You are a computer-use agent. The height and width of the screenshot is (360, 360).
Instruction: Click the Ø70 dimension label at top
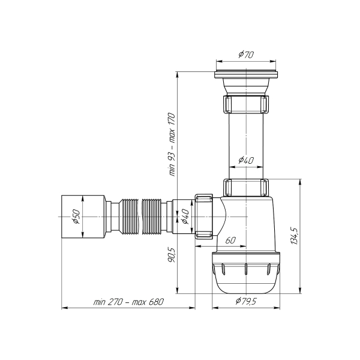pyautogui.click(x=245, y=55)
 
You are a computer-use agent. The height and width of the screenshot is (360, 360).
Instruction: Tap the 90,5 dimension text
pyautogui.click(x=172, y=255)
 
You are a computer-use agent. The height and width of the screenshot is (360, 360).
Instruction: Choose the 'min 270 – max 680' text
pyautogui.click(x=128, y=301)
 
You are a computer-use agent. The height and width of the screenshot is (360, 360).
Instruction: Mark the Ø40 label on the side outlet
pyautogui.click(x=185, y=216)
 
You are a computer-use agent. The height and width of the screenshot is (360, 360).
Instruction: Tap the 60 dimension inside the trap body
pyautogui.click(x=230, y=240)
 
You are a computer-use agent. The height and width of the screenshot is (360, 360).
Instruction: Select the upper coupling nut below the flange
pyautogui.click(x=246, y=104)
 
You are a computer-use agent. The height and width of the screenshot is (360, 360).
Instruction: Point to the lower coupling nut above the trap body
pyautogui.click(x=246, y=187)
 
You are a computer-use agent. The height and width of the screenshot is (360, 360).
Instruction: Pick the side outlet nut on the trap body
pyautogui.click(x=204, y=216)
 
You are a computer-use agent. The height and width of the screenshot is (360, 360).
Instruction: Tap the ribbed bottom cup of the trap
pyautogui.click(x=246, y=273)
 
